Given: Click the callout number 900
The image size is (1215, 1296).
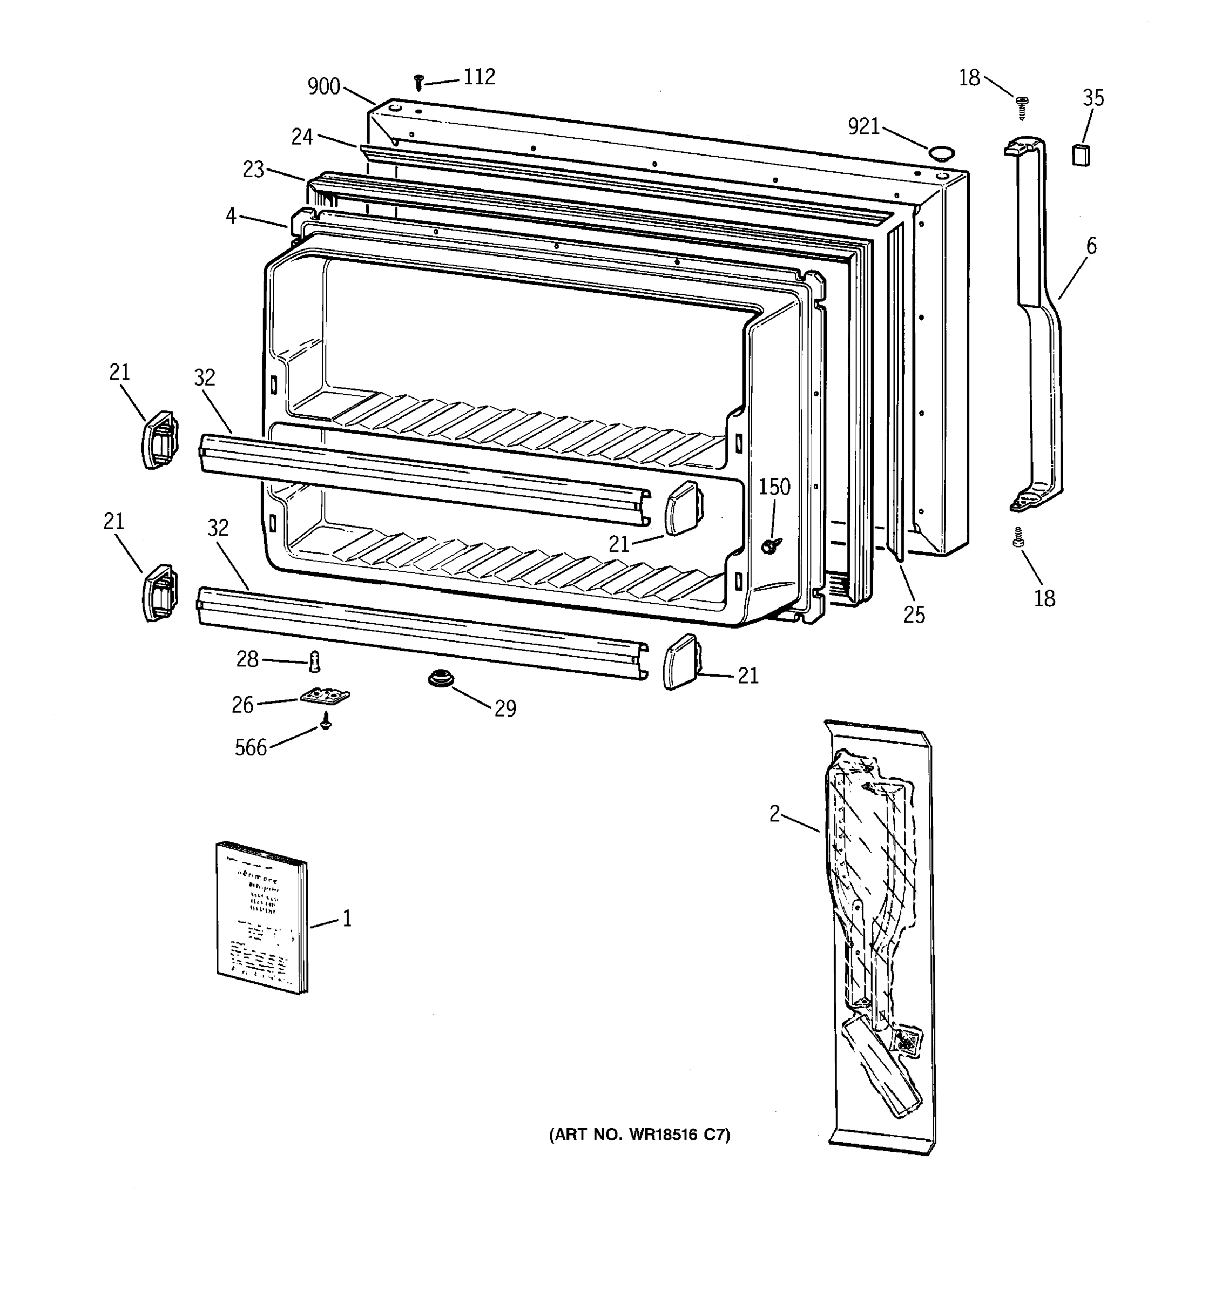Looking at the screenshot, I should (324, 86).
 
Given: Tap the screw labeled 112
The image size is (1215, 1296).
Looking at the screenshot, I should (419, 82).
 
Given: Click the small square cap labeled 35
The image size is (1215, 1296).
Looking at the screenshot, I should (1081, 156).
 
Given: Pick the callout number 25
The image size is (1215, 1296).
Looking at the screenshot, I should (914, 615).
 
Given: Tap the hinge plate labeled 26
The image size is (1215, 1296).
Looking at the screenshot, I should (325, 698).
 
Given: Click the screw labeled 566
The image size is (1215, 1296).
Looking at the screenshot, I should (326, 721).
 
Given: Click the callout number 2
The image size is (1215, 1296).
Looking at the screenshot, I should (774, 814).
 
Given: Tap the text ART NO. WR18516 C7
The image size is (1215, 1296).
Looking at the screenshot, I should (639, 1135).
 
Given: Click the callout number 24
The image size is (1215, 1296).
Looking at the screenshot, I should (302, 137).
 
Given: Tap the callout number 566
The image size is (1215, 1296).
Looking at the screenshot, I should (251, 748).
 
